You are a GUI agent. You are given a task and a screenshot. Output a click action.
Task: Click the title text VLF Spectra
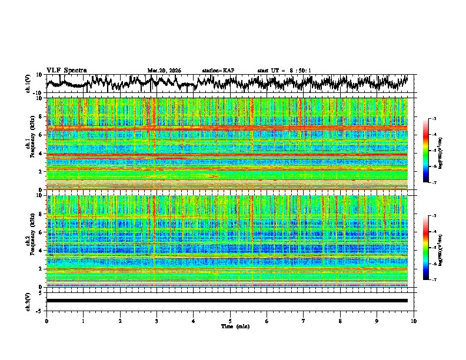pyautogui.click(x=66, y=70)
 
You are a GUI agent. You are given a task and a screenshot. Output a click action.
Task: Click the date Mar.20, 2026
pyautogui.click(x=164, y=71)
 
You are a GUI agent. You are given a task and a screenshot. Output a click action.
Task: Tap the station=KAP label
pyautogui.click(x=218, y=71)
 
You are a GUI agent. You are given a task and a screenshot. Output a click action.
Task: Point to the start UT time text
pyautogui.click(x=284, y=71)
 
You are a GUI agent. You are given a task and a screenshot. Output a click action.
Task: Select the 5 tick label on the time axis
pyautogui.click(x=230, y=321)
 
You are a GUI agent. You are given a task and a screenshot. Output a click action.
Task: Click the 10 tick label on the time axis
pyautogui.click(x=414, y=321)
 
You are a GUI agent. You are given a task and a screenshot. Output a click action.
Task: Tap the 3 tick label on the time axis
pyautogui.click(x=157, y=321)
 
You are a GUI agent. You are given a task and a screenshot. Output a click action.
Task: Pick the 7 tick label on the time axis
pyautogui.click(x=304, y=321)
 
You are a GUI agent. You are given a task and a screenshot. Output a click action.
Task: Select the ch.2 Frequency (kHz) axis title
pyautogui.click(x=30, y=241)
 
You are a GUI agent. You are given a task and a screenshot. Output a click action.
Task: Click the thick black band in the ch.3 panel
pyautogui.click(x=227, y=301)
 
